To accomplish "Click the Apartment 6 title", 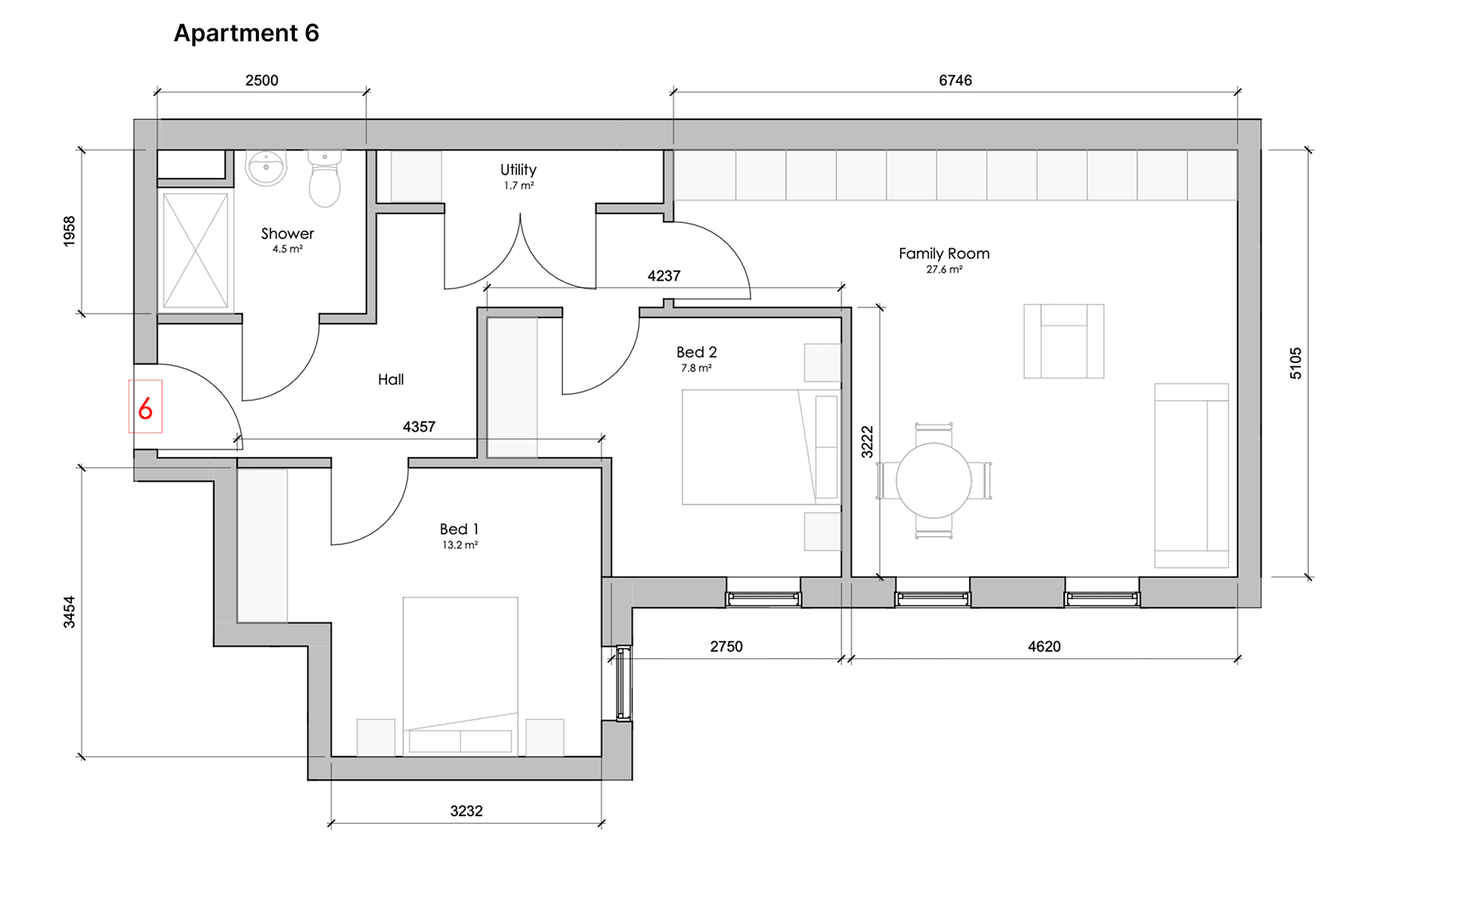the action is click(x=246, y=33).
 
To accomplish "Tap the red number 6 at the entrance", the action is click(x=146, y=408).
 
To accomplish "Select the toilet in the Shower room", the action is click(x=325, y=179).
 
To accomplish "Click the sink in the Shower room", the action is click(x=266, y=167).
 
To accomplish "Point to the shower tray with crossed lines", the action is click(x=195, y=250).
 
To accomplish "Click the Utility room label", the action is click(x=519, y=170).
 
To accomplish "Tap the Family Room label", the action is click(x=944, y=254).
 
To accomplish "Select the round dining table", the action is click(x=934, y=481).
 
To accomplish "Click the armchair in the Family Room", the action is click(x=1063, y=341).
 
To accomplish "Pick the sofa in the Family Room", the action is click(x=1192, y=475).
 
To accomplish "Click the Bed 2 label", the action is click(x=696, y=352).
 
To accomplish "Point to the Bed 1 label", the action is click(x=459, y=529).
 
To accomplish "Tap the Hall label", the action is click(x=391, y=380).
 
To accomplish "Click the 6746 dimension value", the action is click(x=955, y=80).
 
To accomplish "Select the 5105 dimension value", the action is click(x=1296, y=363).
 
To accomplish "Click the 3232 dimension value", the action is click(x=466, y=811).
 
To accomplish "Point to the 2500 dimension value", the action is click(x=262, y=80).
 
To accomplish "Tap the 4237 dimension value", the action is click(x=664, y=276).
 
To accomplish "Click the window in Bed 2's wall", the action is click(x=763, y=599).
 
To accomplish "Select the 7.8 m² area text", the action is click(x=696, y=368).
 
